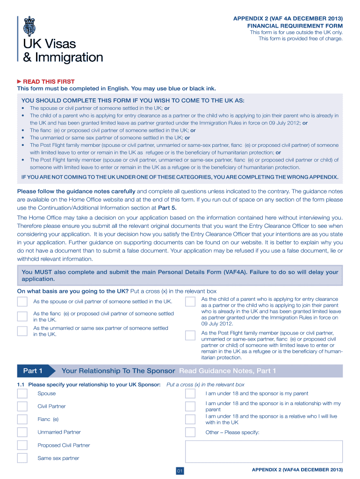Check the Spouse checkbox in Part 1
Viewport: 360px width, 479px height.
pos(22,393)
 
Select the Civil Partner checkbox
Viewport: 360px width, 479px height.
pos(22,406)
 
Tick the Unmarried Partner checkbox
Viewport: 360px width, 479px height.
pos(22,432)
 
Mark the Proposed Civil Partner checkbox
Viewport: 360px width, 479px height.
pos(22,445)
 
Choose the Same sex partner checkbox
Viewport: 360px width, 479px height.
pos(22,458)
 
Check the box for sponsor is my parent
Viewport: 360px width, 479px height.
pos(190,393)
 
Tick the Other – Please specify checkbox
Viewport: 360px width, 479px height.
pos(190,432)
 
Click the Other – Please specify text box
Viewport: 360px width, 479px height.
pos(264,451)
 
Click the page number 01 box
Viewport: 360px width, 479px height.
pos(180,471)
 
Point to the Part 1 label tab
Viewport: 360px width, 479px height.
pos(33,371)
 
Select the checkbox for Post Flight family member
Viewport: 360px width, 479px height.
pos(190,335)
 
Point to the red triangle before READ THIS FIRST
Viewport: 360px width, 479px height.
pos(20,81)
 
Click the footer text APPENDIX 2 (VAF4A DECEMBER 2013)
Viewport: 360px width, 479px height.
pos(297,469)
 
